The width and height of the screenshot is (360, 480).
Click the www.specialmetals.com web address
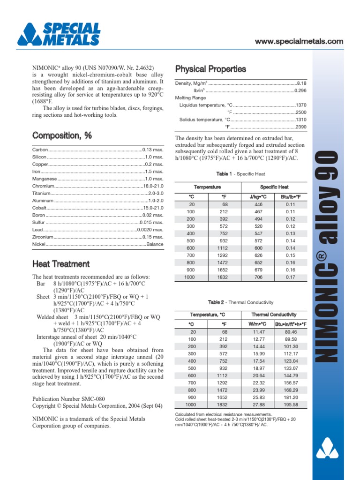(299, 42)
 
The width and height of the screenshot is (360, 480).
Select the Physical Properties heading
(210, 69)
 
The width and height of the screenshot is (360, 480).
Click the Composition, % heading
(62, 135)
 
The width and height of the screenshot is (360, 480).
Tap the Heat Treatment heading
(61, 264)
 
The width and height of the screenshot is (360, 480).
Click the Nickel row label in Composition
(39, 244)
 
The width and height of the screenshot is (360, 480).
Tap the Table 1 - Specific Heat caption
(241, 174)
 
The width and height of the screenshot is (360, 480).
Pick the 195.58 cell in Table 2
(291, 405)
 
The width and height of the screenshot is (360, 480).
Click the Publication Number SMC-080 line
(62, 398)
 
